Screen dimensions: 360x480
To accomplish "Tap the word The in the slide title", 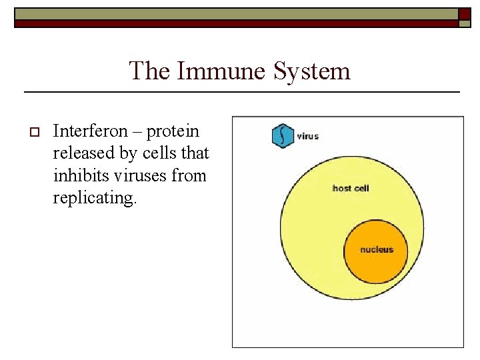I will click(150, 71).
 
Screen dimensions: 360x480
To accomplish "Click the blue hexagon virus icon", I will click(283, 135).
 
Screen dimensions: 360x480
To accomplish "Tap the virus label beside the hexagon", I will click(307, 136).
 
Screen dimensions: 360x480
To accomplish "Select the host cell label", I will click(350, 188).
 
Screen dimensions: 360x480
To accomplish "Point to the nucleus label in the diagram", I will click(377, 250).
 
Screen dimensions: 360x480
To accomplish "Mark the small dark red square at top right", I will click(465, 13).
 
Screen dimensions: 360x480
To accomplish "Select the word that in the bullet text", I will click(195, 154).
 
